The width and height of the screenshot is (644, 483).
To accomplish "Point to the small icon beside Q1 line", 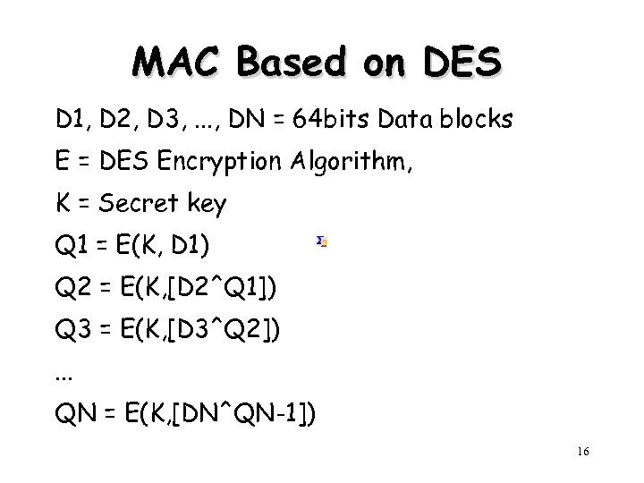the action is point(323,241).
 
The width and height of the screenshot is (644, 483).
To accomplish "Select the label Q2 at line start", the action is point(70,289).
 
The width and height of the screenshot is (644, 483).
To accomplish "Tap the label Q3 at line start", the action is point(70,332).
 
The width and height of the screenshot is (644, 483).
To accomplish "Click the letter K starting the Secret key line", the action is point(63,205).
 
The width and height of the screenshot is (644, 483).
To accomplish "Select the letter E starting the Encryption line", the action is point(62,162).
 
